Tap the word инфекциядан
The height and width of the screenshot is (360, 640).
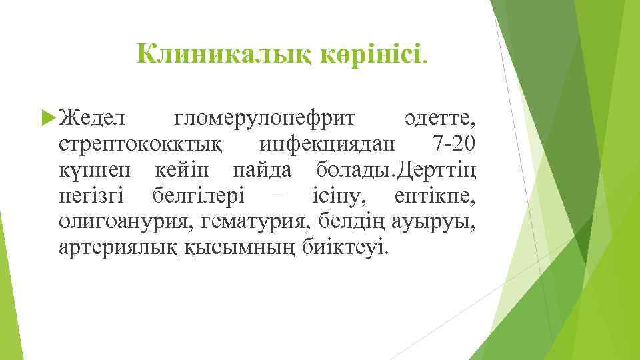coord(327,143)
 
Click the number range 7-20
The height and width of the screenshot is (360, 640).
coord(454,143)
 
